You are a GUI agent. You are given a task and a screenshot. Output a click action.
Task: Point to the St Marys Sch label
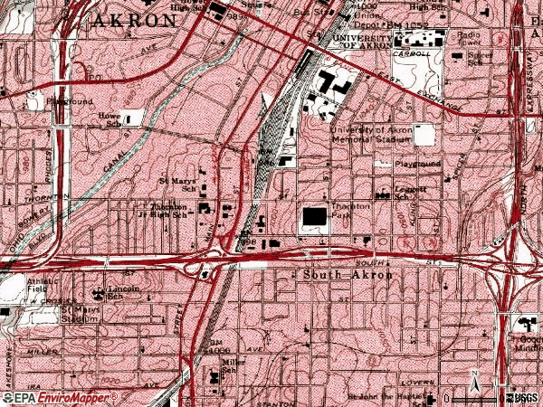pos(176,185)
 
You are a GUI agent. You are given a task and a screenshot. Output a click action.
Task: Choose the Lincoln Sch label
pos(110,293)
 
